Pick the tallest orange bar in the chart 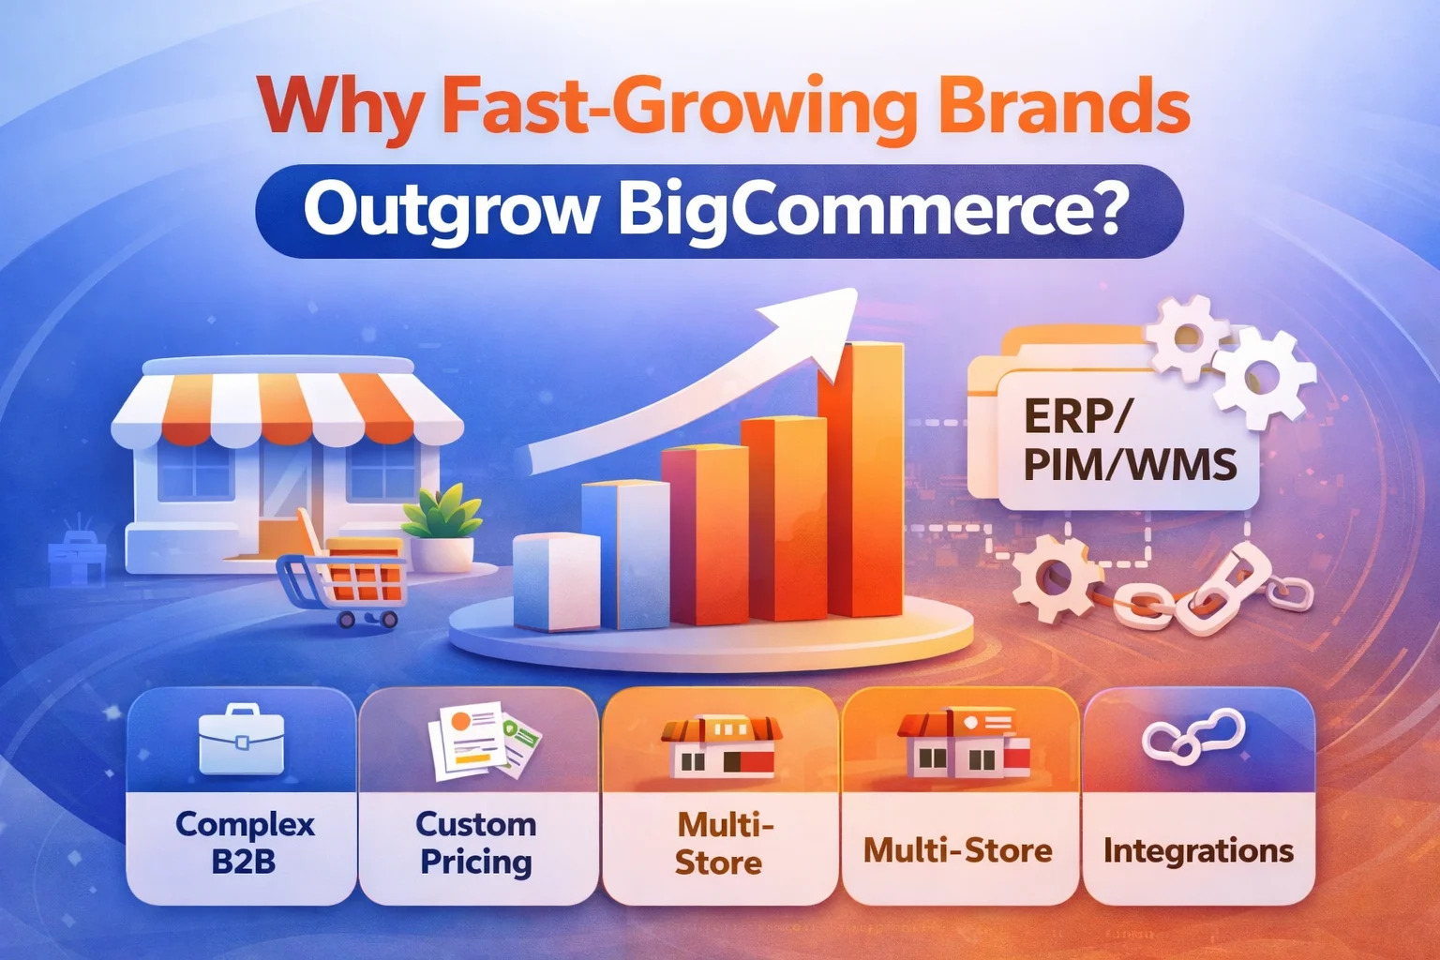860,478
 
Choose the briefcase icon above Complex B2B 241,741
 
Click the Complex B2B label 244,842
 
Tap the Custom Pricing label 476,842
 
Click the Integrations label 1198,850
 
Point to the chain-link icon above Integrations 1193,735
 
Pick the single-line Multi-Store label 957,850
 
